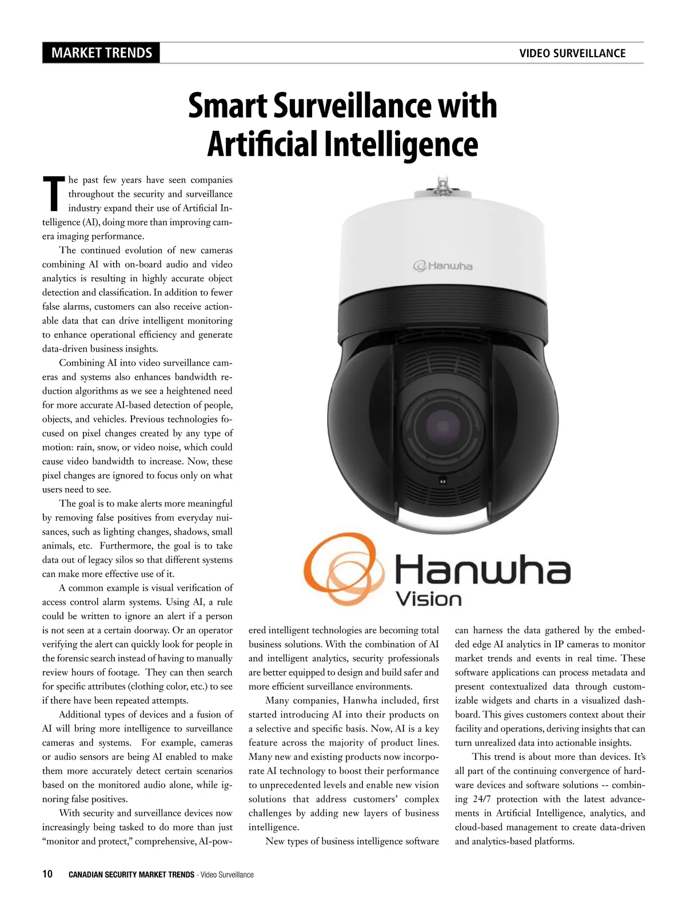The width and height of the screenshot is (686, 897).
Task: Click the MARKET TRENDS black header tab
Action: (x=101, y=53)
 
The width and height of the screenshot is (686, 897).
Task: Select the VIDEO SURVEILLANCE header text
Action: (x=572, y=53)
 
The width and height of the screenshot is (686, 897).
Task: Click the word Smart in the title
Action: (x=227, y=106)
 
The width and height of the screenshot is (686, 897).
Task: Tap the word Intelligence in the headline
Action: (x=400, y=144)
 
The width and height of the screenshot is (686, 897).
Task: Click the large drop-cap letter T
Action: (x=53, y=193)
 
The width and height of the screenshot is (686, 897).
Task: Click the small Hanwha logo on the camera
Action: (x=443, y=266)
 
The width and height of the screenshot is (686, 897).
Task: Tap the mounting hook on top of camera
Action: (x=441, y=185)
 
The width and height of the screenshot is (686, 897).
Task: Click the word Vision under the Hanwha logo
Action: (x=429, y=599)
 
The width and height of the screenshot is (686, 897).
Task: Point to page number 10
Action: (x=47, y=874)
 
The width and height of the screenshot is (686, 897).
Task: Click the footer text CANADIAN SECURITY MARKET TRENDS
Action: (x=131, y=875)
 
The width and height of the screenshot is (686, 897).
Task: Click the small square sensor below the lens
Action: (x=442, y=481)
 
